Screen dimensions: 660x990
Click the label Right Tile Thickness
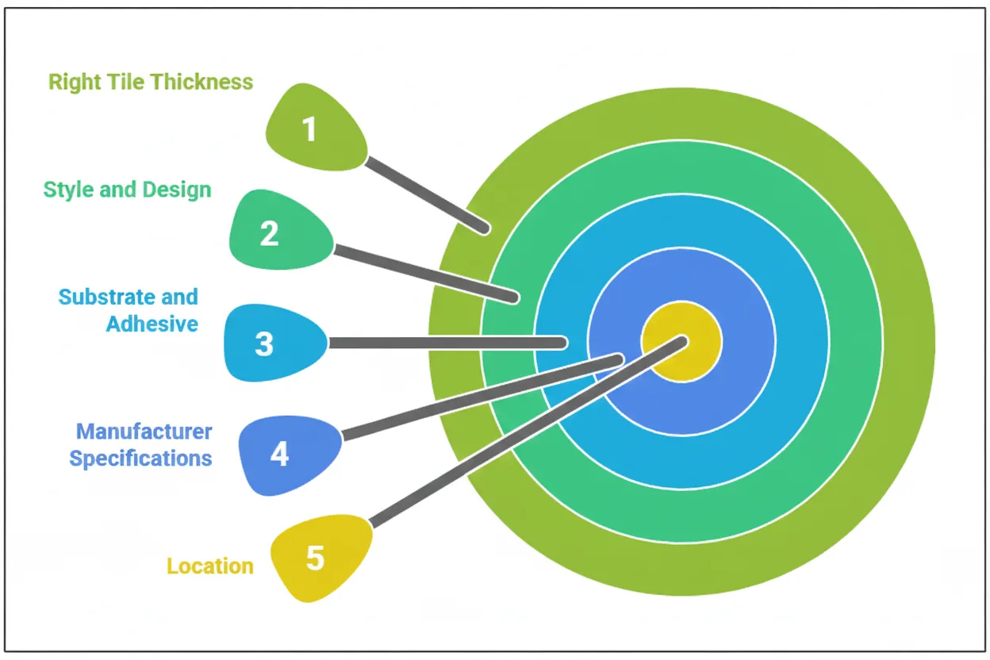tap(151, 82)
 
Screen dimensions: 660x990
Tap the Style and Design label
tap(127, 190)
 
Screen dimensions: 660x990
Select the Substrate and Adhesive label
tap(129, 310)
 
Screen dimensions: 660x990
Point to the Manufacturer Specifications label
tap(141, 445)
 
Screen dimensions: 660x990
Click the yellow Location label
tap(209, 566)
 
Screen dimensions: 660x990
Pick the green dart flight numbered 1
tap(313, 129)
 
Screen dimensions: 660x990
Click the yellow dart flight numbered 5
tap(318, 558)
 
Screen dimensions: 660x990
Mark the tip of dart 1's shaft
tap(483, 229)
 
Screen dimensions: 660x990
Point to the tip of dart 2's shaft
tap(514, 298)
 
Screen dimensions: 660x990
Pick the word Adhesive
tap(152, 324)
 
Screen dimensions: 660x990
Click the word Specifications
tap(141, 459)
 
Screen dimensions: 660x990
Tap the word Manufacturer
tap(144, 432)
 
